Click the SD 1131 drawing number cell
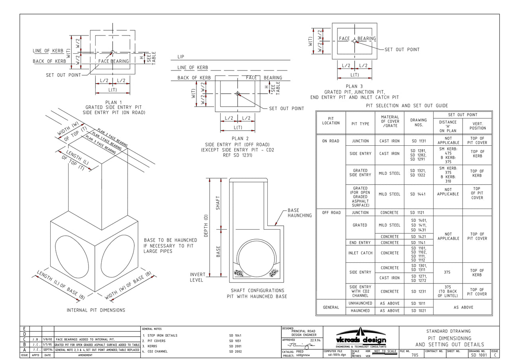click(x=418, y=141)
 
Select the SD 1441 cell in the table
click(x=418, y=194)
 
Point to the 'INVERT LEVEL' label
click(x=197, y=277)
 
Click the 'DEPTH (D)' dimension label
click(x=206, y=226)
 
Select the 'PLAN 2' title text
click(x=237, y=139)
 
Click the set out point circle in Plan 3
click(x=355, y=41)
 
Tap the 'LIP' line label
click(x=181, y=57)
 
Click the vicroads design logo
click(x=361, y=337)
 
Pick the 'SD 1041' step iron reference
click(x=235, y=336)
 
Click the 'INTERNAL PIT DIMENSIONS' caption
click(x=96, y=310)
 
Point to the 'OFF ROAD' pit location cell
click(x=331, y=213)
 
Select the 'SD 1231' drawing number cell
click(x=418, y=291)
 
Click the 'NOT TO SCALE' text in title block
click(x=385, y=351)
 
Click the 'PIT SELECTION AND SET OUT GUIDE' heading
click(x=407, y=106)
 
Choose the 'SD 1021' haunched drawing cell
click(x=418, y=310)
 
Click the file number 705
click(x=415, y=355)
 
